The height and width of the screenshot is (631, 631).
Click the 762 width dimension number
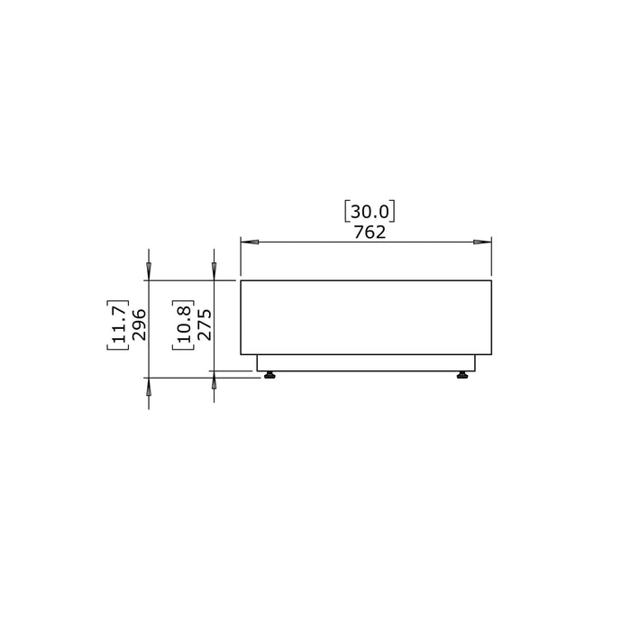tap(370, 233)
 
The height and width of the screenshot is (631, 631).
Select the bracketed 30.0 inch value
tap(370, 212)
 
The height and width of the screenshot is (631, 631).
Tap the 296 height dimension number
tap(139, 325)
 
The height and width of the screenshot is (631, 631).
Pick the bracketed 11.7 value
tap(118, 325)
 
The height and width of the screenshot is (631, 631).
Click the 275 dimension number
tap(205, 325)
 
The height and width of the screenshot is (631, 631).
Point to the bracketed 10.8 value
tap(184, 325)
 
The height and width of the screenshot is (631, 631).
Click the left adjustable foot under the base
tap(270, 375)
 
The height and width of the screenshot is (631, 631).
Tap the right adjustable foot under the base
tap(462, 375)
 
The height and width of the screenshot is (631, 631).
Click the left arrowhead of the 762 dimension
tap(250, 242)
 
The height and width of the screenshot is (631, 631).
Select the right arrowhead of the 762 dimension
tap(482, 242)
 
